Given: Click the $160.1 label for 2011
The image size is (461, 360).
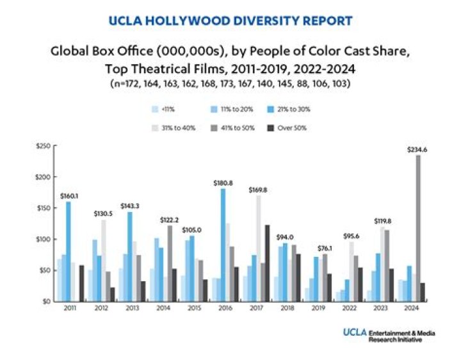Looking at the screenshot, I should click(69, 196).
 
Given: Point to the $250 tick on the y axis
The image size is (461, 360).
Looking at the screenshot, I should click(43, 147).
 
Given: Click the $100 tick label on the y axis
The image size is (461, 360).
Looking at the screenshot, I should click(43, 240).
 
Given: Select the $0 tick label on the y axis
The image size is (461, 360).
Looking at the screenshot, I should click(46, 301).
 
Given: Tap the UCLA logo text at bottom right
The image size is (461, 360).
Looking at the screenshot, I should click(353, 332).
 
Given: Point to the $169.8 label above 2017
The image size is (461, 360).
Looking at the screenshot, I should click(260, 190).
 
